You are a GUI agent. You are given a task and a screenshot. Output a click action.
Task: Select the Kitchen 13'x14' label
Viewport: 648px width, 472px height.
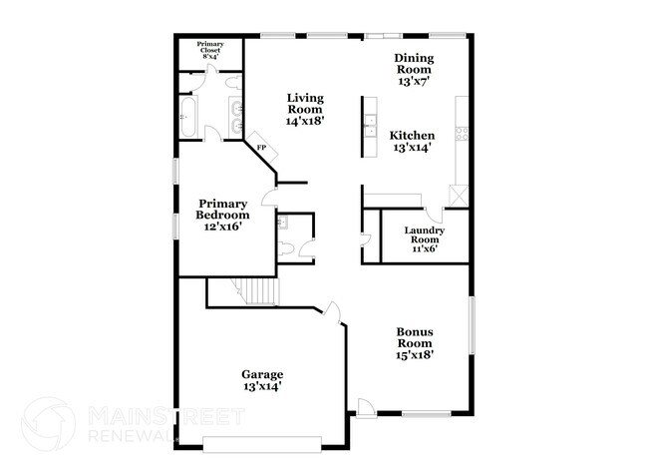coord(412,142)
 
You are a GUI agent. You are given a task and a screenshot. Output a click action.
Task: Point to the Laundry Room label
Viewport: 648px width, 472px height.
coord(424,239)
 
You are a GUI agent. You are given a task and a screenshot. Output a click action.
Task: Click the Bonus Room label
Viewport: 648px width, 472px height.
coord(414,343)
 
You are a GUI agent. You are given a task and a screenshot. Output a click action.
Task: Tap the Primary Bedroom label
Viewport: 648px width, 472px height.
coord(221,215)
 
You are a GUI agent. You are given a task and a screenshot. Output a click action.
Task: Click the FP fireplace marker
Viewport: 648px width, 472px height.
coord(262,149)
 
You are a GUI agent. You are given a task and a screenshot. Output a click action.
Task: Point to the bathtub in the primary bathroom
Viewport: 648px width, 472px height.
coord(188,118)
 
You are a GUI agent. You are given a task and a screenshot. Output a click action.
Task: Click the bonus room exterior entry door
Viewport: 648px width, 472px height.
coord(366,407)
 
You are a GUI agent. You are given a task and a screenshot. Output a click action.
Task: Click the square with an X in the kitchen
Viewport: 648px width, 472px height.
coord(458,195)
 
